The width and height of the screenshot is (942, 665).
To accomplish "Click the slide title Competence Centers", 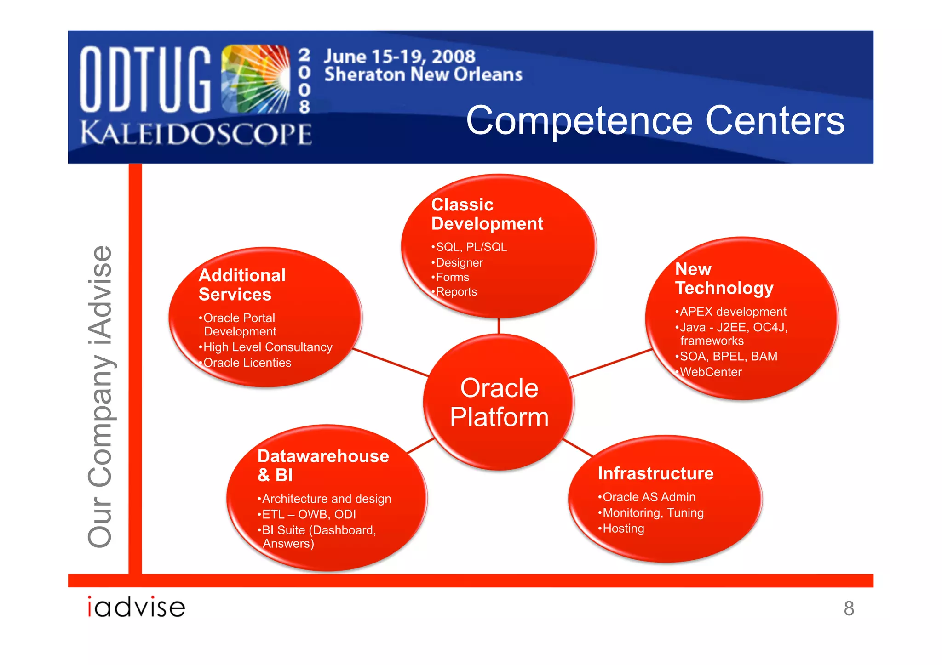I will [655, 120].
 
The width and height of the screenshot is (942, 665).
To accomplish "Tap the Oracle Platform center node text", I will [499, 403].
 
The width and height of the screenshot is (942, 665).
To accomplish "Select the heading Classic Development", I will [487, 214].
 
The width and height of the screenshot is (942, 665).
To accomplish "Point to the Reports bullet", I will [456, 292].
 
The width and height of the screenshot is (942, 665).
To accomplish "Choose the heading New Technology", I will [724, 279].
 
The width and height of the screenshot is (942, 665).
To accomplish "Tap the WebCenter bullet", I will [710, 372].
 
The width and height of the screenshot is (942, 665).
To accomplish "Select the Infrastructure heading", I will [655, 473].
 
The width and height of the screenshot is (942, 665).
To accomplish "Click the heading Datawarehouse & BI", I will [323, 465].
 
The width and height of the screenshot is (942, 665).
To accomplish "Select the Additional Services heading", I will [242, 285].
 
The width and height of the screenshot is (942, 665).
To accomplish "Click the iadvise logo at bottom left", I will [137, 607].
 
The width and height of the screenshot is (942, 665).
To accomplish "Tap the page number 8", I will [849, 608].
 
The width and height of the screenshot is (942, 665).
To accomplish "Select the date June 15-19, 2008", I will [399, 57].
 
